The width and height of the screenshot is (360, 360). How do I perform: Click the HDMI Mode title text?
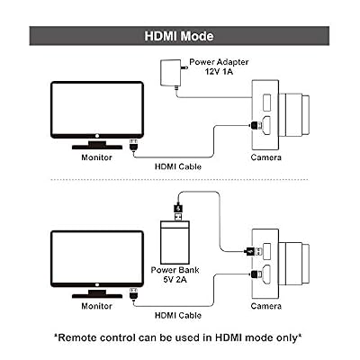point(179,36)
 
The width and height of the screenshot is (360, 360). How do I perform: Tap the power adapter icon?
point(169,73)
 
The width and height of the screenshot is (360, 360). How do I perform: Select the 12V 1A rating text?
point(219,71)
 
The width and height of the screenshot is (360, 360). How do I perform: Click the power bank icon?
point(175,242)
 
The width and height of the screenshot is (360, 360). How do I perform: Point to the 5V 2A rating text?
point(175,279)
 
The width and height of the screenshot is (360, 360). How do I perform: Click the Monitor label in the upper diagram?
point(96,157)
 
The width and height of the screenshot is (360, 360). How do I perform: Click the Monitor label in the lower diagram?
point(96,306)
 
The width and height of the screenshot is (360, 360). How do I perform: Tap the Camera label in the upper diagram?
point(266,157)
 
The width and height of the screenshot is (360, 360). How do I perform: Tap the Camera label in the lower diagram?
point(266,306)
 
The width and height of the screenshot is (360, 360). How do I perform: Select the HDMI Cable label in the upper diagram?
point(178,166)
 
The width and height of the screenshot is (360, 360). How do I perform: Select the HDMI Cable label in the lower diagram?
point(178,315)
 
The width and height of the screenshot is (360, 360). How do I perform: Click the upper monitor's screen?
point(97,109)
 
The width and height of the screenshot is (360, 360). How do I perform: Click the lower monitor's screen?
point(97,258)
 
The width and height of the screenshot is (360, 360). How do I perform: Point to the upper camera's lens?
point(293,114)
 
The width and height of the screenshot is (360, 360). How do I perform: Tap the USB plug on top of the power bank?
point(178,212)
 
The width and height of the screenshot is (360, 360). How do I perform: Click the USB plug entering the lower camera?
point(255,251)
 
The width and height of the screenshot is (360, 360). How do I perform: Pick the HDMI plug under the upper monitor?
point(133,145)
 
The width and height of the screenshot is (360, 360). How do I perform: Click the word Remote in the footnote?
point(76,337)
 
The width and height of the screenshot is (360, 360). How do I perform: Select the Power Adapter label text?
point(219,62)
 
